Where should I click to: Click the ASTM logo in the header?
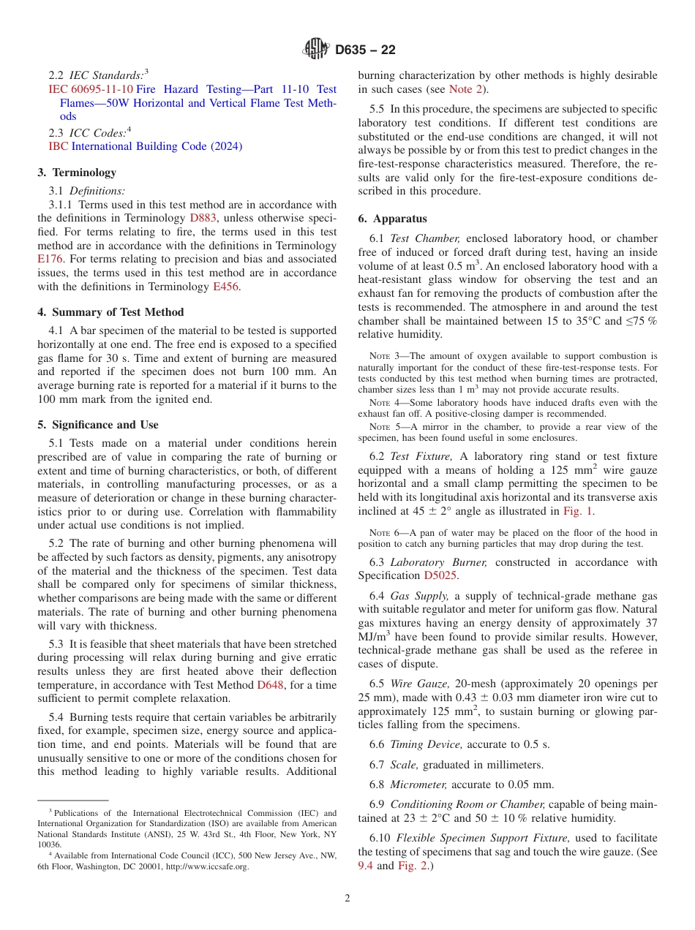pyautogui.click(x=316, y=50)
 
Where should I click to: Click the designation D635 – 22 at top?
pyautogui.click(x=365, y=50)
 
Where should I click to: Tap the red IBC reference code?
pyautogui.click(x=58, y=146)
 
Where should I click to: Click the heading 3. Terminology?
pyautogui.click(x=77, y=173)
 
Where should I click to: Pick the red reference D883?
pyautogui.click(x=203, y=218)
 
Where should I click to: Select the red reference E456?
pyautogui.click(x=225, y=286)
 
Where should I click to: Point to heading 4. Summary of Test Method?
pyautogui.click(x=110, y=312)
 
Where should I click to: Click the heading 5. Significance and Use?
pyautogui.click(x=97, y=425)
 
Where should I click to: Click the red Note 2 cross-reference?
pyautogui.click(x=465, y=89)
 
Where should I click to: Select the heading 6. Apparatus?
pyautogui.click(x=392, y=219)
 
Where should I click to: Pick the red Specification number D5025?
pyautogui.click(x=441, y=575)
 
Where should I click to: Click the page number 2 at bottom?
pyautogui.click(x=347, y=899)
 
